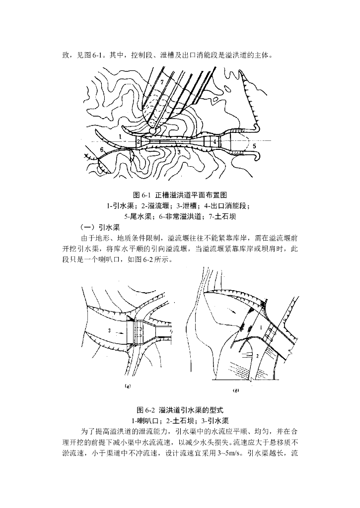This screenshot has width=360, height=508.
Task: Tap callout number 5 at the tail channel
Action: [x=253, y=146]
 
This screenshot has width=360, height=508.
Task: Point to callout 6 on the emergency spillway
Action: [x=102, y=149]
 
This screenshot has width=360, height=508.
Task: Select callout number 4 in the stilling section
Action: [x=215, y=141]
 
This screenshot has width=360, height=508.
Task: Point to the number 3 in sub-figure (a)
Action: [x=108, y=329]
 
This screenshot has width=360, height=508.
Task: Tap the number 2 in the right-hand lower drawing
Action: [x=257, y=356]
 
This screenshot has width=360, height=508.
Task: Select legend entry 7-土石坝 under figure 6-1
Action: [x=219, y=216]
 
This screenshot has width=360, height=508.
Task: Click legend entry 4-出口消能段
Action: [x=227, y=205]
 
